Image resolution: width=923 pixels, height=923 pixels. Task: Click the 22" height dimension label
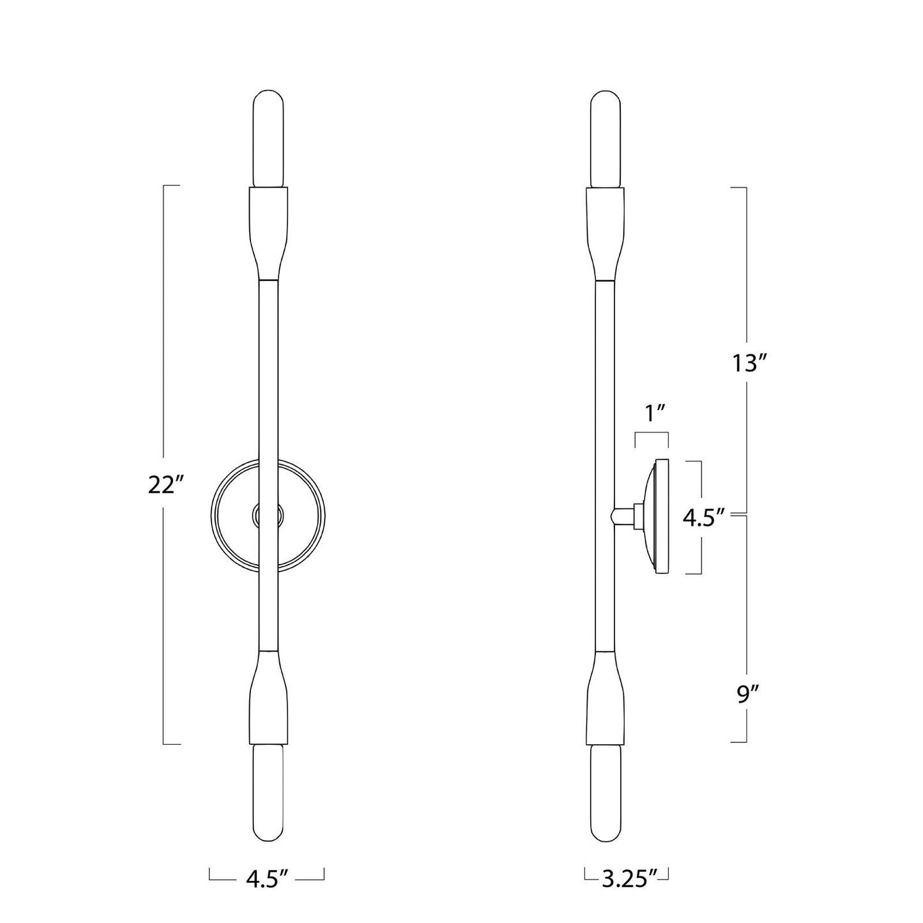(x=166, y=485)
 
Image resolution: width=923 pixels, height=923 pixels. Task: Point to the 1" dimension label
(x=653, y=413)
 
